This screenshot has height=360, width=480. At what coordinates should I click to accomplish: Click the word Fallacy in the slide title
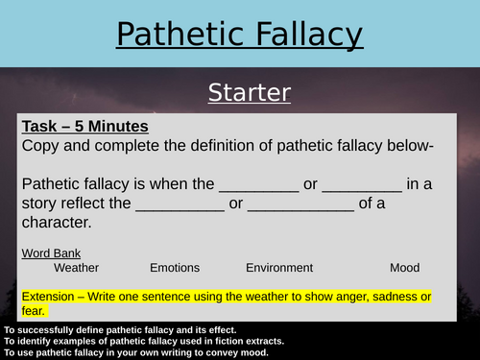click(x=302, y=36)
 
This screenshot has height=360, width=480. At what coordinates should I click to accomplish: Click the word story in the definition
click(x=39, y=205)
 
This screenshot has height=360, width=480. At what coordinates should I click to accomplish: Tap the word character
click(x=58, y=224)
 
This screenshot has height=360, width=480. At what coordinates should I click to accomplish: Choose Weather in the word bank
click(x=76, y=269)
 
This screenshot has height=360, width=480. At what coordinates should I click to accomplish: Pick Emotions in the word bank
click(x=175, y=269)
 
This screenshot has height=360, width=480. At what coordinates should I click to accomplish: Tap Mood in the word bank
click(x=405, y=269)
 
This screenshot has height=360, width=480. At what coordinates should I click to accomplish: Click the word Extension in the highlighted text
click(x=49, y=296)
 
